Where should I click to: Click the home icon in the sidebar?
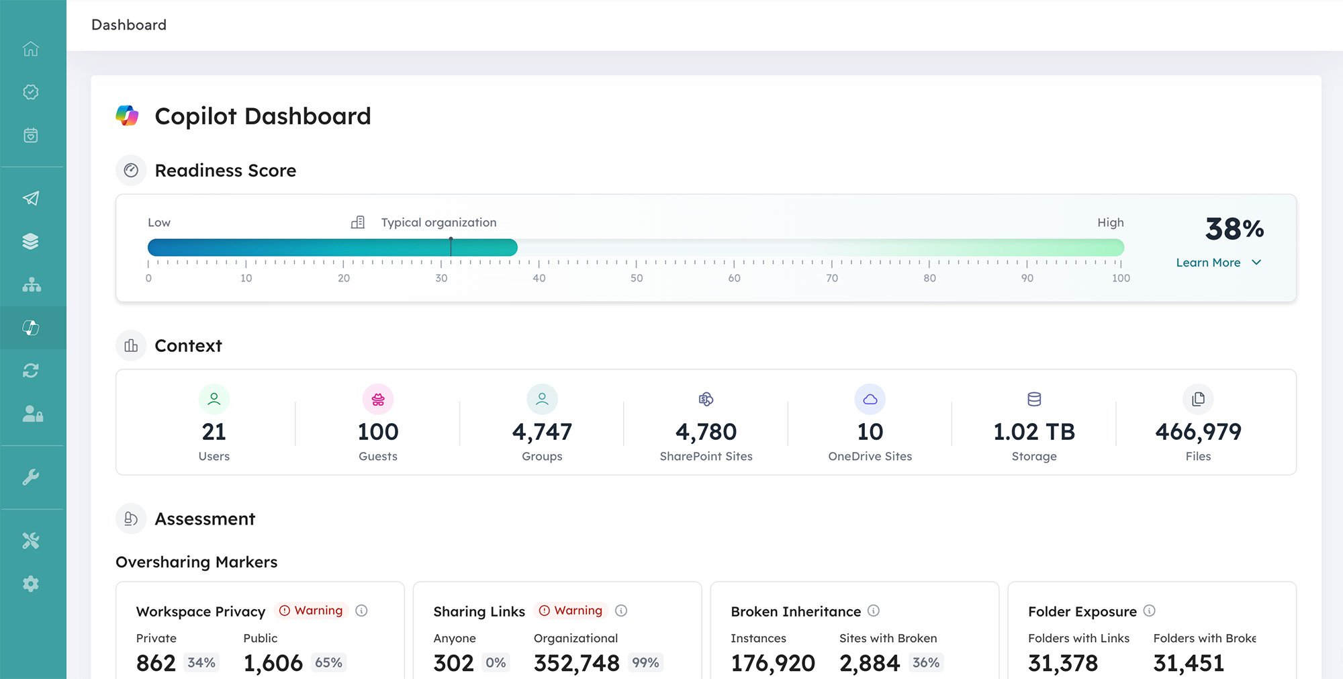(31, 49)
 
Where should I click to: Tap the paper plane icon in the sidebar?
(31, 198)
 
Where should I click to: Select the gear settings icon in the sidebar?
(31, 584)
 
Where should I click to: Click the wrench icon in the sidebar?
(31, 478)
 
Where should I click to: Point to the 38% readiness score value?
(1234, 229)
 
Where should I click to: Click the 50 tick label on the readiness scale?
(636, 278)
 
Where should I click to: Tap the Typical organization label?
(438, 222)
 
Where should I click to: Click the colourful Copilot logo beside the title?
(127, 116)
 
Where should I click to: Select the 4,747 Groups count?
(542, 432)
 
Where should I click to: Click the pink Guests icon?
(378, 400)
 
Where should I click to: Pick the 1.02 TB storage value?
(1033, 432)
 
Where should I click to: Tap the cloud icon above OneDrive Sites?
(870, 400)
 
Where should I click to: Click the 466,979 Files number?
(1198, 432)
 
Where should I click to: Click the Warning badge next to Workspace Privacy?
(312, 610)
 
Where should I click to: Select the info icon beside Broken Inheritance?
(873, 610)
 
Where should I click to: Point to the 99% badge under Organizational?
(645, 663)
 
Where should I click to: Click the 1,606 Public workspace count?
(273, 664)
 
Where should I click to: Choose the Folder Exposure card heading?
(1082, 611)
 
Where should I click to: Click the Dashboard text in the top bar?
(129, 25)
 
